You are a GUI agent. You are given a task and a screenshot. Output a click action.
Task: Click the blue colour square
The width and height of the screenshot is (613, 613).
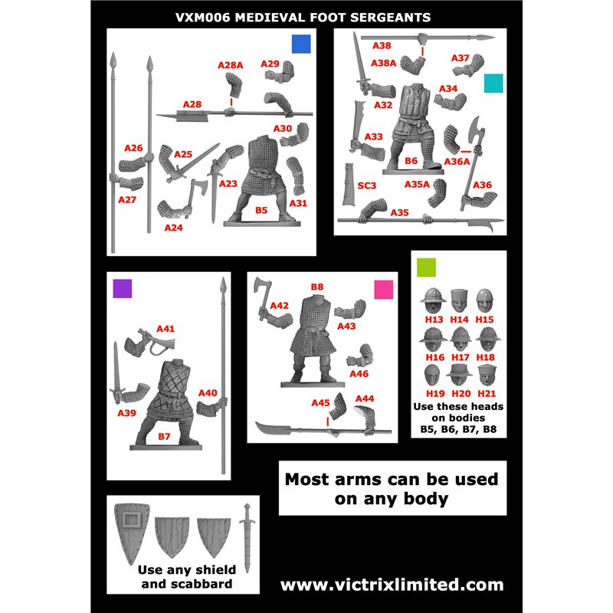(x=301, y=44)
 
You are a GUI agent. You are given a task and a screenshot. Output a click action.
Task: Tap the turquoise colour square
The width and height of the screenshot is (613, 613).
(x=493, y=83)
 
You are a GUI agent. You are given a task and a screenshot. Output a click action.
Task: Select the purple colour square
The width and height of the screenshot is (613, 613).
(x=123, y=289)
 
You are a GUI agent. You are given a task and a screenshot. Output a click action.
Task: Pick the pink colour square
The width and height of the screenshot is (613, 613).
(x=384, y=290)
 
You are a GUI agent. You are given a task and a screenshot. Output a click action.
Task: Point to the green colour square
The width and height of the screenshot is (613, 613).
(x=426, y=267)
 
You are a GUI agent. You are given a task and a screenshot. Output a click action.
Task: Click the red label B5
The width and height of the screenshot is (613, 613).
(x=261, y=210)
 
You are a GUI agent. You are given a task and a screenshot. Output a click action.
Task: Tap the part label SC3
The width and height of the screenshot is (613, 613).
(x=367, y=185)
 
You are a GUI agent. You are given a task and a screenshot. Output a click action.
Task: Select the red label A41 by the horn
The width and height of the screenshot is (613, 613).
(x=166, y=329)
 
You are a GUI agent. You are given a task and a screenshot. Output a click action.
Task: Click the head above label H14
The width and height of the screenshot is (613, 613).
(x=459, y=300)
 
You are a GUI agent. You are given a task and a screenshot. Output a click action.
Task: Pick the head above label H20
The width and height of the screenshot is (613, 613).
(x=459, y=375)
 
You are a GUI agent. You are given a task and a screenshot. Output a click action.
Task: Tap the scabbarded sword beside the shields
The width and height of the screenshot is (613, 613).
(x=247, y=538)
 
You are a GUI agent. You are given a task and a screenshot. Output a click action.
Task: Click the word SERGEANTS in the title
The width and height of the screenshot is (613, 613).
(x=390, y=18)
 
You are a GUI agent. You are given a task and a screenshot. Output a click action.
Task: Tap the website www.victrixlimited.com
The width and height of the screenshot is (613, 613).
(x=392, y=585)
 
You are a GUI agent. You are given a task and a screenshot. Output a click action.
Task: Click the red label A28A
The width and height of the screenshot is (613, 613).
(x=231, y=65)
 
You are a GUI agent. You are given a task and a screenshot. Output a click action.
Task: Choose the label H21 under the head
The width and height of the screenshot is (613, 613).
(x=487, y=394)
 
